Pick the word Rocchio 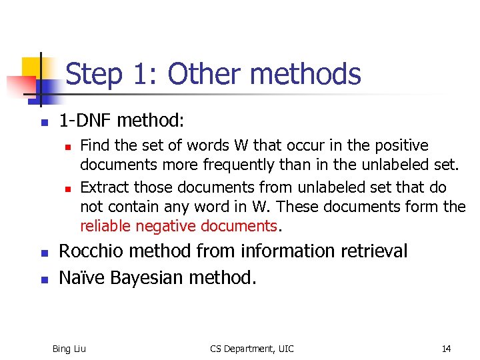click(91, 251)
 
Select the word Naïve click(81, 276)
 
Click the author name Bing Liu click(69, 349)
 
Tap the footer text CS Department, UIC click(252, 349)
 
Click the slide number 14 click(446, 349)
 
